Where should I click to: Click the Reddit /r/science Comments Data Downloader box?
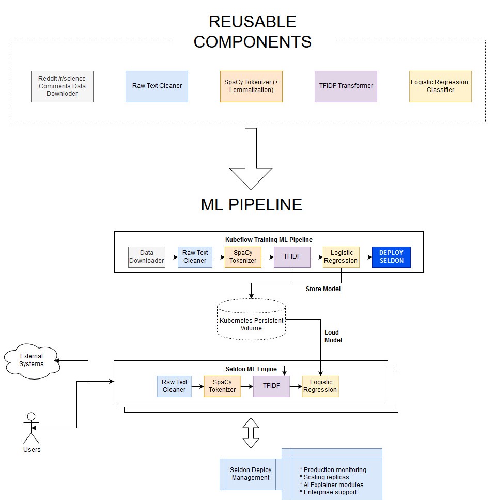pyautogui.click(x=62, y=86)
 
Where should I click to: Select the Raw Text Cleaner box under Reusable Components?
pyautogui.click(x=157, y=86)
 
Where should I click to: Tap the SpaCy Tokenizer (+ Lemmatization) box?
pyautogui.click(x=251, y=86)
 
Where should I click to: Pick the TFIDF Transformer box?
pyautogui.click(x=346, y=86)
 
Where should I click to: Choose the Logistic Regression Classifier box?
pyautogui.click(x=440, y=86)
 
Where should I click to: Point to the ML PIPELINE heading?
pyautogui.click(x=251, y=205)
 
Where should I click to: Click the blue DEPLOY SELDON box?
pyautogui.click(x=391, y=257)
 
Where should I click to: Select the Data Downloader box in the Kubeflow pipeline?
pyautogui.click(x=147, y=257)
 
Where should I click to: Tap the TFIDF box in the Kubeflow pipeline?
pyautogui.click(x=292, y=257)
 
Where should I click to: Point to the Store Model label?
pyautogui.click(x=323, y=289)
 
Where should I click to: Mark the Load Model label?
pyautogui.click(x=333, y=336)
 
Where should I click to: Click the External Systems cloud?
pyautogui.click(x=32, y=360)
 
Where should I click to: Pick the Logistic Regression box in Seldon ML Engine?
pyautogui.click(x=320, y=386)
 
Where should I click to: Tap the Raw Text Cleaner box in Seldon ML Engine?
pyautogui.click(x=174, y=386)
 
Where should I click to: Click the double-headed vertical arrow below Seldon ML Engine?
pyautogui.click(x=251, y=433)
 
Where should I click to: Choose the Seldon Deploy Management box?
pyautogui.click(x=251, y=474)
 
